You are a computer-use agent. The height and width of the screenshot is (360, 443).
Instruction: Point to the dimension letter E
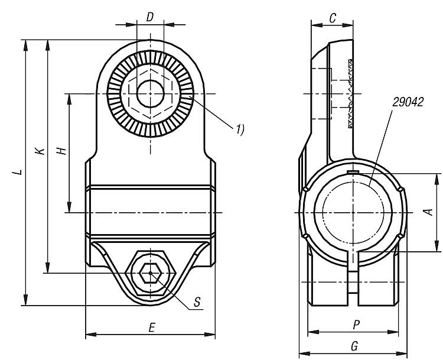click(152, 327)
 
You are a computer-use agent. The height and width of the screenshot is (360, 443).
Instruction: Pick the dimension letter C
click(333, 19)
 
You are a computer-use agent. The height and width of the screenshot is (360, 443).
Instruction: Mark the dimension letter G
click(354, 345)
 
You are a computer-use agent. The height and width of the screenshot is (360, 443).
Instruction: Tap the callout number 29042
click(407, 102)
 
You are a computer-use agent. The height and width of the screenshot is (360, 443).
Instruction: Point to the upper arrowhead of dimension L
click(25, 43)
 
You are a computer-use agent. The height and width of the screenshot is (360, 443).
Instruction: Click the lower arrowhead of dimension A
click(438, 248)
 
